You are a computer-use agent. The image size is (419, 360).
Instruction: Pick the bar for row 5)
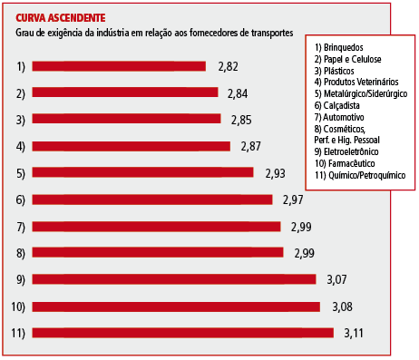[143, 172]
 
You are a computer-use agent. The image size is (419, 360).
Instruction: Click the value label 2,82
[229, 66]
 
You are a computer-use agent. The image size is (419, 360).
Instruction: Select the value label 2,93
[275, 172]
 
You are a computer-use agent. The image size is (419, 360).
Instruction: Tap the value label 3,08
[342, 306]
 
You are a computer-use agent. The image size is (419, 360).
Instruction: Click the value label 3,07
[337, 279]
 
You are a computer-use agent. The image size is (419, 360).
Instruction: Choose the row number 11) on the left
[18, 332]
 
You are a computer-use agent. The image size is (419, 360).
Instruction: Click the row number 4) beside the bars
[21, 146]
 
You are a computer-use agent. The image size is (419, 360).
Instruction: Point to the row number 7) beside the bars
[21, 226]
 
